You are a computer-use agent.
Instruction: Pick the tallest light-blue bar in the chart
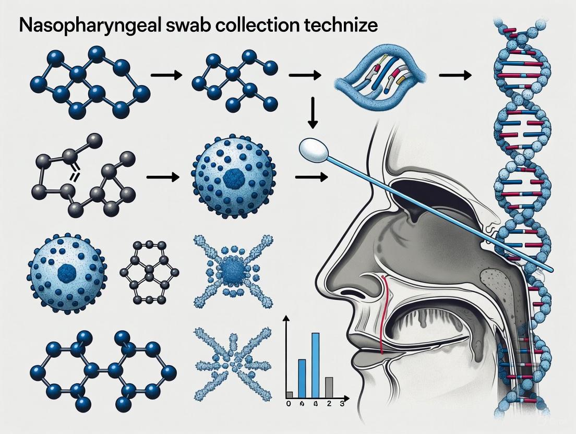click(x=315, y=365)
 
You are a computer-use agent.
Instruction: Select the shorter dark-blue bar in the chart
click(x=302, y=378)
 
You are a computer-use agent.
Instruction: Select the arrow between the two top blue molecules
click(x=166, y=76)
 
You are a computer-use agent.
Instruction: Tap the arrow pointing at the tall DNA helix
click(x=455, y=76)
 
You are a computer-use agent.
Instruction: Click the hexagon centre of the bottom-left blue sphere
click(x=66, y=271)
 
